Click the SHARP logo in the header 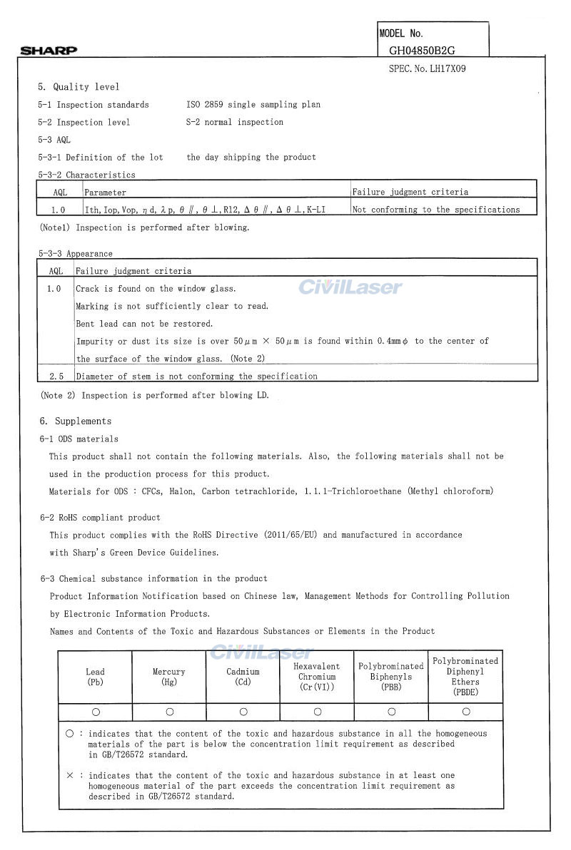pos(49,51)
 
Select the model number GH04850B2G pos(422,51)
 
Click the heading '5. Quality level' pos(79,87)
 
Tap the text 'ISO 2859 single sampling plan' pos(253,105)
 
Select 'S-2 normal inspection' pos(235,123)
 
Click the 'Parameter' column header pos(106,193)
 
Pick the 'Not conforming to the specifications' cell pos(436,210)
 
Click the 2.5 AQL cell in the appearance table pos(55,376)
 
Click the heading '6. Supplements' pos(76,421)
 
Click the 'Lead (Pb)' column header pos(95,677)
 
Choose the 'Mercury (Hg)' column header pos(169,677)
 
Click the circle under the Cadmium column pos(243,712)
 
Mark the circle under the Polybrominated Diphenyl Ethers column pos(466,712)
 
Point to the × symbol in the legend pos(69,775)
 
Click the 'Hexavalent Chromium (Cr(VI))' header pos(318,677)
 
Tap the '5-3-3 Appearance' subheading pos(76,254)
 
